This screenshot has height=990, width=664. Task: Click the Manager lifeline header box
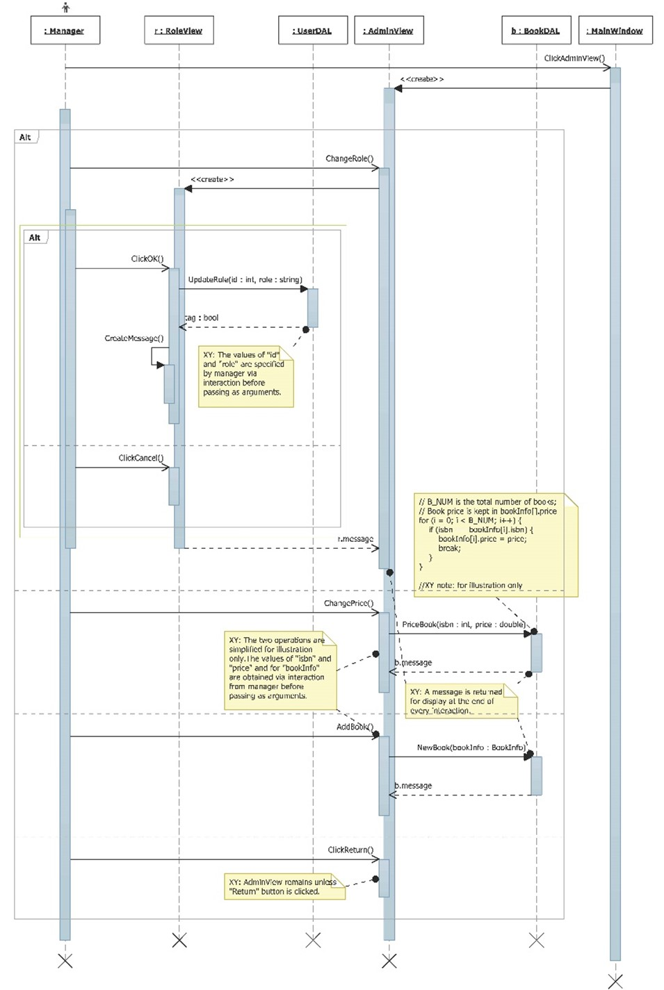pyautogui.click(x=65, y=31)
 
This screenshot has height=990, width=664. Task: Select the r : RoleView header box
pyautogui.click(x=179, y=31)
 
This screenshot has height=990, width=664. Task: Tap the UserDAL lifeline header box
pyautogui.click(x=312, y=31)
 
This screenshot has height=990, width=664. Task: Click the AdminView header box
pyautogui.click(x=389, y=31)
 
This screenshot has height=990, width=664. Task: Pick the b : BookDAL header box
pyautogui.click(x=536, y=31)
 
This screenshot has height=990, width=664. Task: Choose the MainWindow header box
pyautogui.click(x=615, y=31)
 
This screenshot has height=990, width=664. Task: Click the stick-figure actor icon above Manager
pyautogui.click(x=65, y=8)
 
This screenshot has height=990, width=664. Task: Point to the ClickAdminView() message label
pyautogui.click(x=574, y=58)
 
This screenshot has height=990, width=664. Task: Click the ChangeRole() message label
pyautogui.click(x=349, y=158)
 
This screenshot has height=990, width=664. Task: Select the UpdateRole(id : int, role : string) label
pyautogui.click(x=245, y=279)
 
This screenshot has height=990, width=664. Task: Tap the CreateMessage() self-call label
pyautogui.click(x=134, y=338)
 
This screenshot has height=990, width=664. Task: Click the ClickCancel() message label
pyautogui.click(x=140, y=458)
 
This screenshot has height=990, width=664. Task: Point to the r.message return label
pyautogui.click(x=355, y=539)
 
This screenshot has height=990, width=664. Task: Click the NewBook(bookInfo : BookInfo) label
pyautogui.click(x=471, y=748)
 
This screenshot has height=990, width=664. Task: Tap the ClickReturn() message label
pyautogui.click(x=350, y=850)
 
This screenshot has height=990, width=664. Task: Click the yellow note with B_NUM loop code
pyautogui.click(x=496, y=544)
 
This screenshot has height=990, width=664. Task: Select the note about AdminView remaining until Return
pyautogui.click(x=284, y=886)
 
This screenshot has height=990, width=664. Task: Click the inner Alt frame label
pyautogui.click(x=35, y=238)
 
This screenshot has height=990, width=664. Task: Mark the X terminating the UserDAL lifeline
pyautogui.click(x=313, y=940)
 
